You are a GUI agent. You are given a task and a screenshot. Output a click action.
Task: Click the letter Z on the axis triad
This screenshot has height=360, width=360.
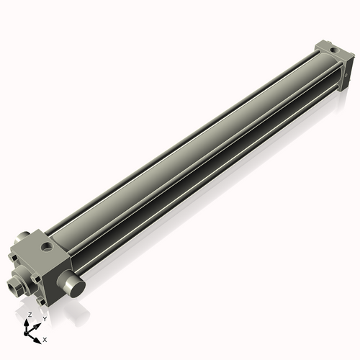[x=30, y=315]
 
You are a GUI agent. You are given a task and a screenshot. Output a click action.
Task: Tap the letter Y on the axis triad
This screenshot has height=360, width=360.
[x=45, y=318]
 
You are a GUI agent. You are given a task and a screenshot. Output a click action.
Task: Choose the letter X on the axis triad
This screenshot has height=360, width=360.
[x=45, y=338]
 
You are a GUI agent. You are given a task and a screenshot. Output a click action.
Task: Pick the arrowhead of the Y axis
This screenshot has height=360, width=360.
[x=37, y=323]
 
